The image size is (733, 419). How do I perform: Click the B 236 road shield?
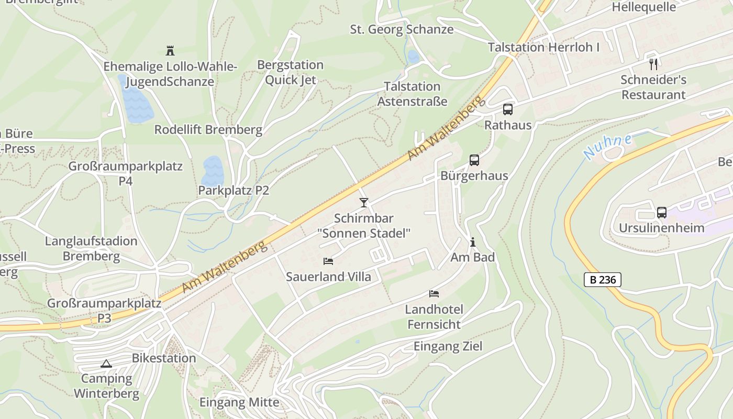pyautogui.click(x=603, y=280)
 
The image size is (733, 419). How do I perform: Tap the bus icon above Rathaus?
pyautogui.click(x=507, y=109)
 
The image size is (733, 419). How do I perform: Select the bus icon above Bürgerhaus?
pyautogui.click(x=474, y=160)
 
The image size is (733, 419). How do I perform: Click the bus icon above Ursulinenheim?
pyautogui.click(x=662, y=213)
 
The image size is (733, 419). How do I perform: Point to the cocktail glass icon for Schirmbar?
pyautogui.click(x=364, y=202)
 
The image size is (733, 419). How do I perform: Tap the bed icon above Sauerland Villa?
pyautogui.click(x=328, y=261)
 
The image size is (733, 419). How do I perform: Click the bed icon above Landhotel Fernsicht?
pyautogui.click(x=434, y=293)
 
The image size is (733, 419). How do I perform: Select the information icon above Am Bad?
pyautogui.click(x=473, y=242)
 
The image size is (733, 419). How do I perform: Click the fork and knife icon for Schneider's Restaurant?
pyautogui.click(x=653, y=64)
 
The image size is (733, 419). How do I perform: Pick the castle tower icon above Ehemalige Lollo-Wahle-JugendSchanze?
pyautogui.click(x=170, y=51)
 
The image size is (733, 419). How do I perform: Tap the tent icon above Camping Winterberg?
pyautogui.click(x=106, y=363)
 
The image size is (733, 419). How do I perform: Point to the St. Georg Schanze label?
pyautogui.click(x=402, y=29)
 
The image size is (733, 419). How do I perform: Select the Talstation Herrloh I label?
pyautogui.click(x=543, y=47)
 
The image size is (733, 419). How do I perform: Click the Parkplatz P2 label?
pyautogui.click(x=234, y=191)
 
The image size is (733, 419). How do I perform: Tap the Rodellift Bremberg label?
pyautogui.click(x=208, y=130)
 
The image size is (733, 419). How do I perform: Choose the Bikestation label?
pyautogui.click(x=164, y=358)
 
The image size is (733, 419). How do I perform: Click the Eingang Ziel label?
pyautogui.click(x=448, y=346)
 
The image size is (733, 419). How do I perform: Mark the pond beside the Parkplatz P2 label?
pyautogui.click(x=213, y=170)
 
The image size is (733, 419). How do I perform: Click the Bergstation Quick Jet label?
pyautogui.click(x=290, y=72)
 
